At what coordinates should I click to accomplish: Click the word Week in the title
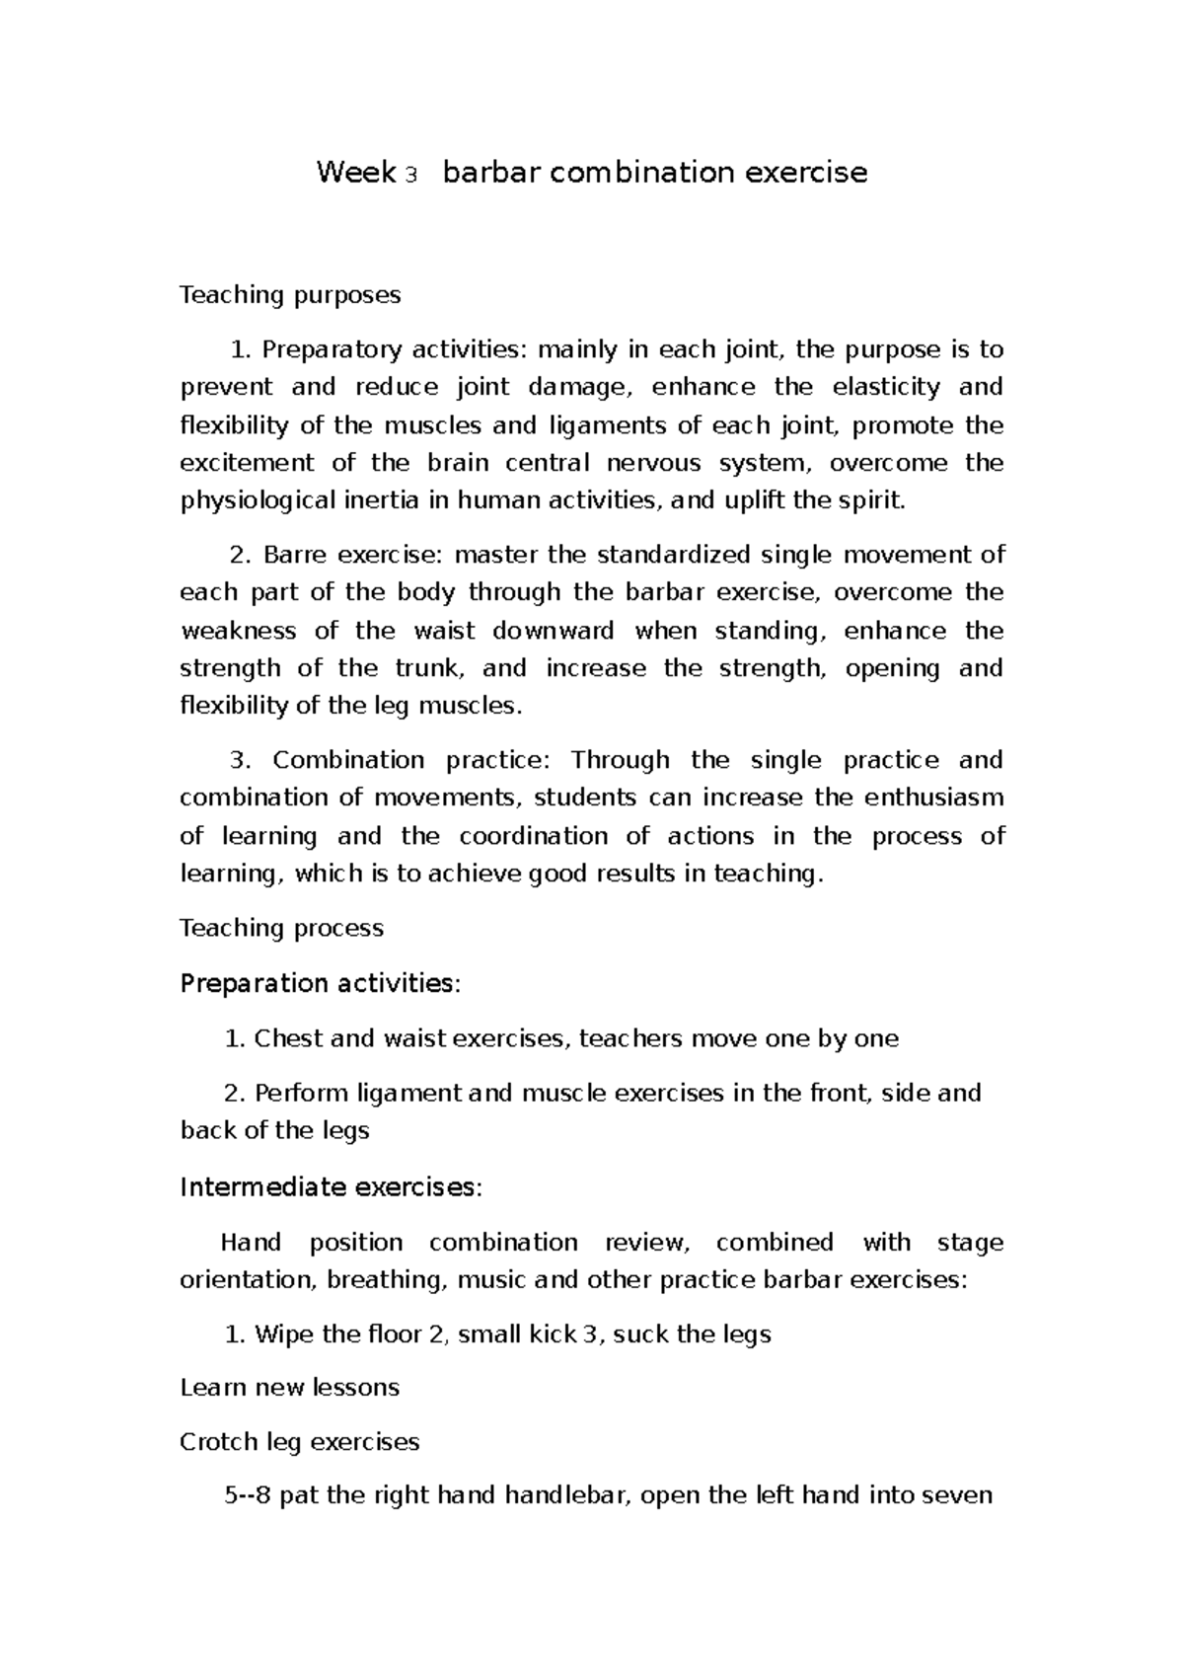click(356, 173)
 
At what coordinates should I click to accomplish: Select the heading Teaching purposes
click(290, 294)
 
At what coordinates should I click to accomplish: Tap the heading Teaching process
click(281, 928)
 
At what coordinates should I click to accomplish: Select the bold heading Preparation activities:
click(320, 983)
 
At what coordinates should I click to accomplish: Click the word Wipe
click(280, 1335)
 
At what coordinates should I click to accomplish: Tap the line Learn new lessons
click(289, 1388)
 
